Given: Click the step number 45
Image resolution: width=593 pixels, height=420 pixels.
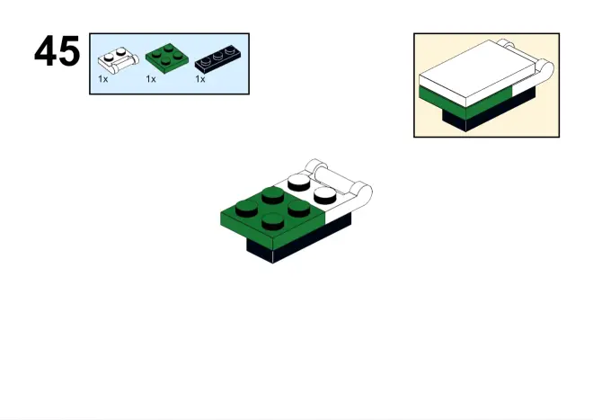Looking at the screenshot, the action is (58, 51).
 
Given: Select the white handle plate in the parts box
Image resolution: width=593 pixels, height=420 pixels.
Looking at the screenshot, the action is (119, 60).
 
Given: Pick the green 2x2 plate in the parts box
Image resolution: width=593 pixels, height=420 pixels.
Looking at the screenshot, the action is (167, 58).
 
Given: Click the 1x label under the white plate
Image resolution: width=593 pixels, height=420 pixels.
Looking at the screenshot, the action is (102, 79).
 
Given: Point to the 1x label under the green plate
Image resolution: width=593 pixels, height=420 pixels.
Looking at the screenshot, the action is (151, 79).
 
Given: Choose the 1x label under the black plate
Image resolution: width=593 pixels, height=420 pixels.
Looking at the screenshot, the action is (200, 79).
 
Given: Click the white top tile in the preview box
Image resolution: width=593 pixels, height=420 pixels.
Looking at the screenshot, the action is (476, 72).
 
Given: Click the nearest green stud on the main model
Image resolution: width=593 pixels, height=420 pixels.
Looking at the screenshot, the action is (272, 221).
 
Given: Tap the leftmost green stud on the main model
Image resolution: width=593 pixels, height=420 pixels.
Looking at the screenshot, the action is (247, 209).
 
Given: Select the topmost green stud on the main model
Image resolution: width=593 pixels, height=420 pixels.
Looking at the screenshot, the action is (273, 194).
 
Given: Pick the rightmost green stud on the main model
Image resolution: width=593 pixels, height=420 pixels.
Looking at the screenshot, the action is (299, 208).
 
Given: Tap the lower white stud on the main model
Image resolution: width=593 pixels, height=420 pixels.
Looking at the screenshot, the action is (325, 194).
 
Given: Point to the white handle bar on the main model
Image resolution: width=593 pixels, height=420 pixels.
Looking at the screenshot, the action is (339, 179).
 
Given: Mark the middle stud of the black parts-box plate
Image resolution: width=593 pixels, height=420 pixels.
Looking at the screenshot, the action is (217, 57).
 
